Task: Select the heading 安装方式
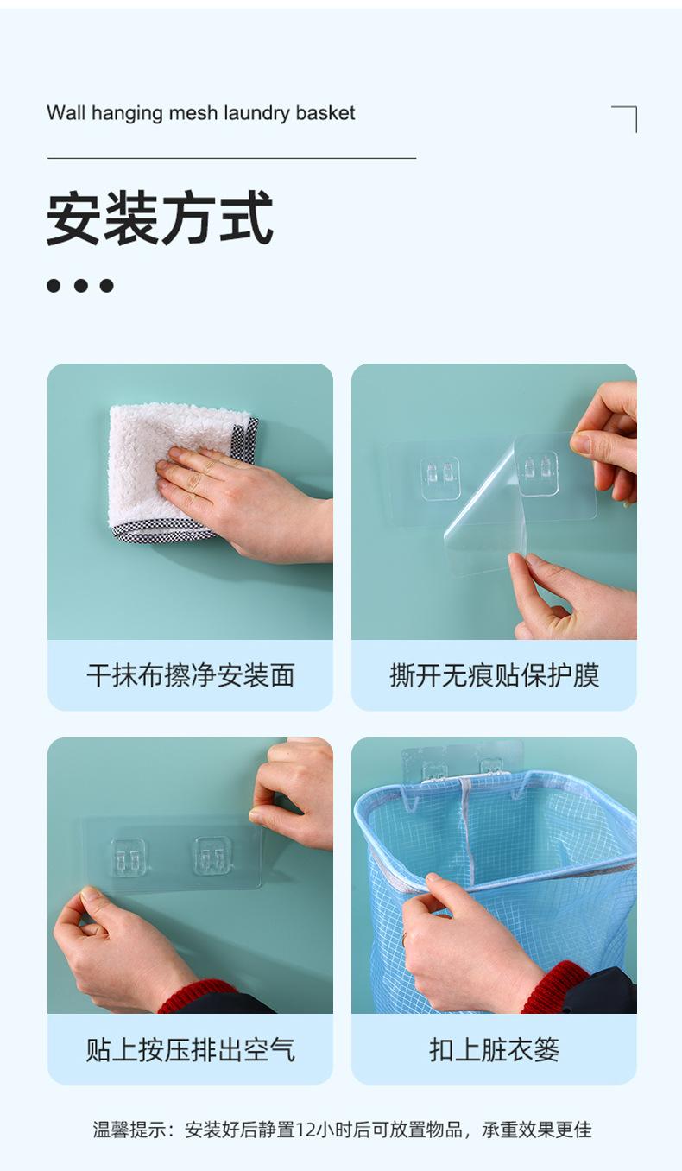point(160,218)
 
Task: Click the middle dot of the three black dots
point(80,286)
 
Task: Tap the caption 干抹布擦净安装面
point(190,675)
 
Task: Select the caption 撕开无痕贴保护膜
point(494,675)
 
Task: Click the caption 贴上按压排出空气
point(190,1049)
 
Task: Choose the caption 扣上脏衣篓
point(494,1049)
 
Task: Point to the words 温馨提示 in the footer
point(129,1130)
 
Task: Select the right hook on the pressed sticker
point(212,855)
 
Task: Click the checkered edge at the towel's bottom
point(162,530)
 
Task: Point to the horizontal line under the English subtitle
point(232,158)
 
